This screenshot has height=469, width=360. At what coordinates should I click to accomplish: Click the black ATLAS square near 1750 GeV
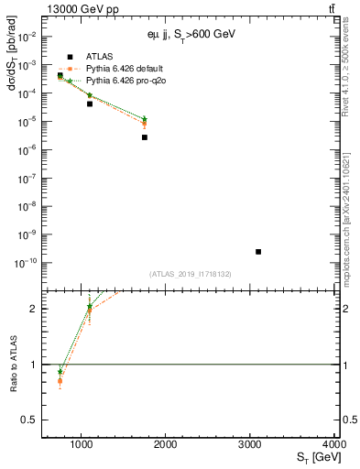[x=145, y=137]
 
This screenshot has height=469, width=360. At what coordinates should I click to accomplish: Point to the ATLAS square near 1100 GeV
[x=90, y=104]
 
